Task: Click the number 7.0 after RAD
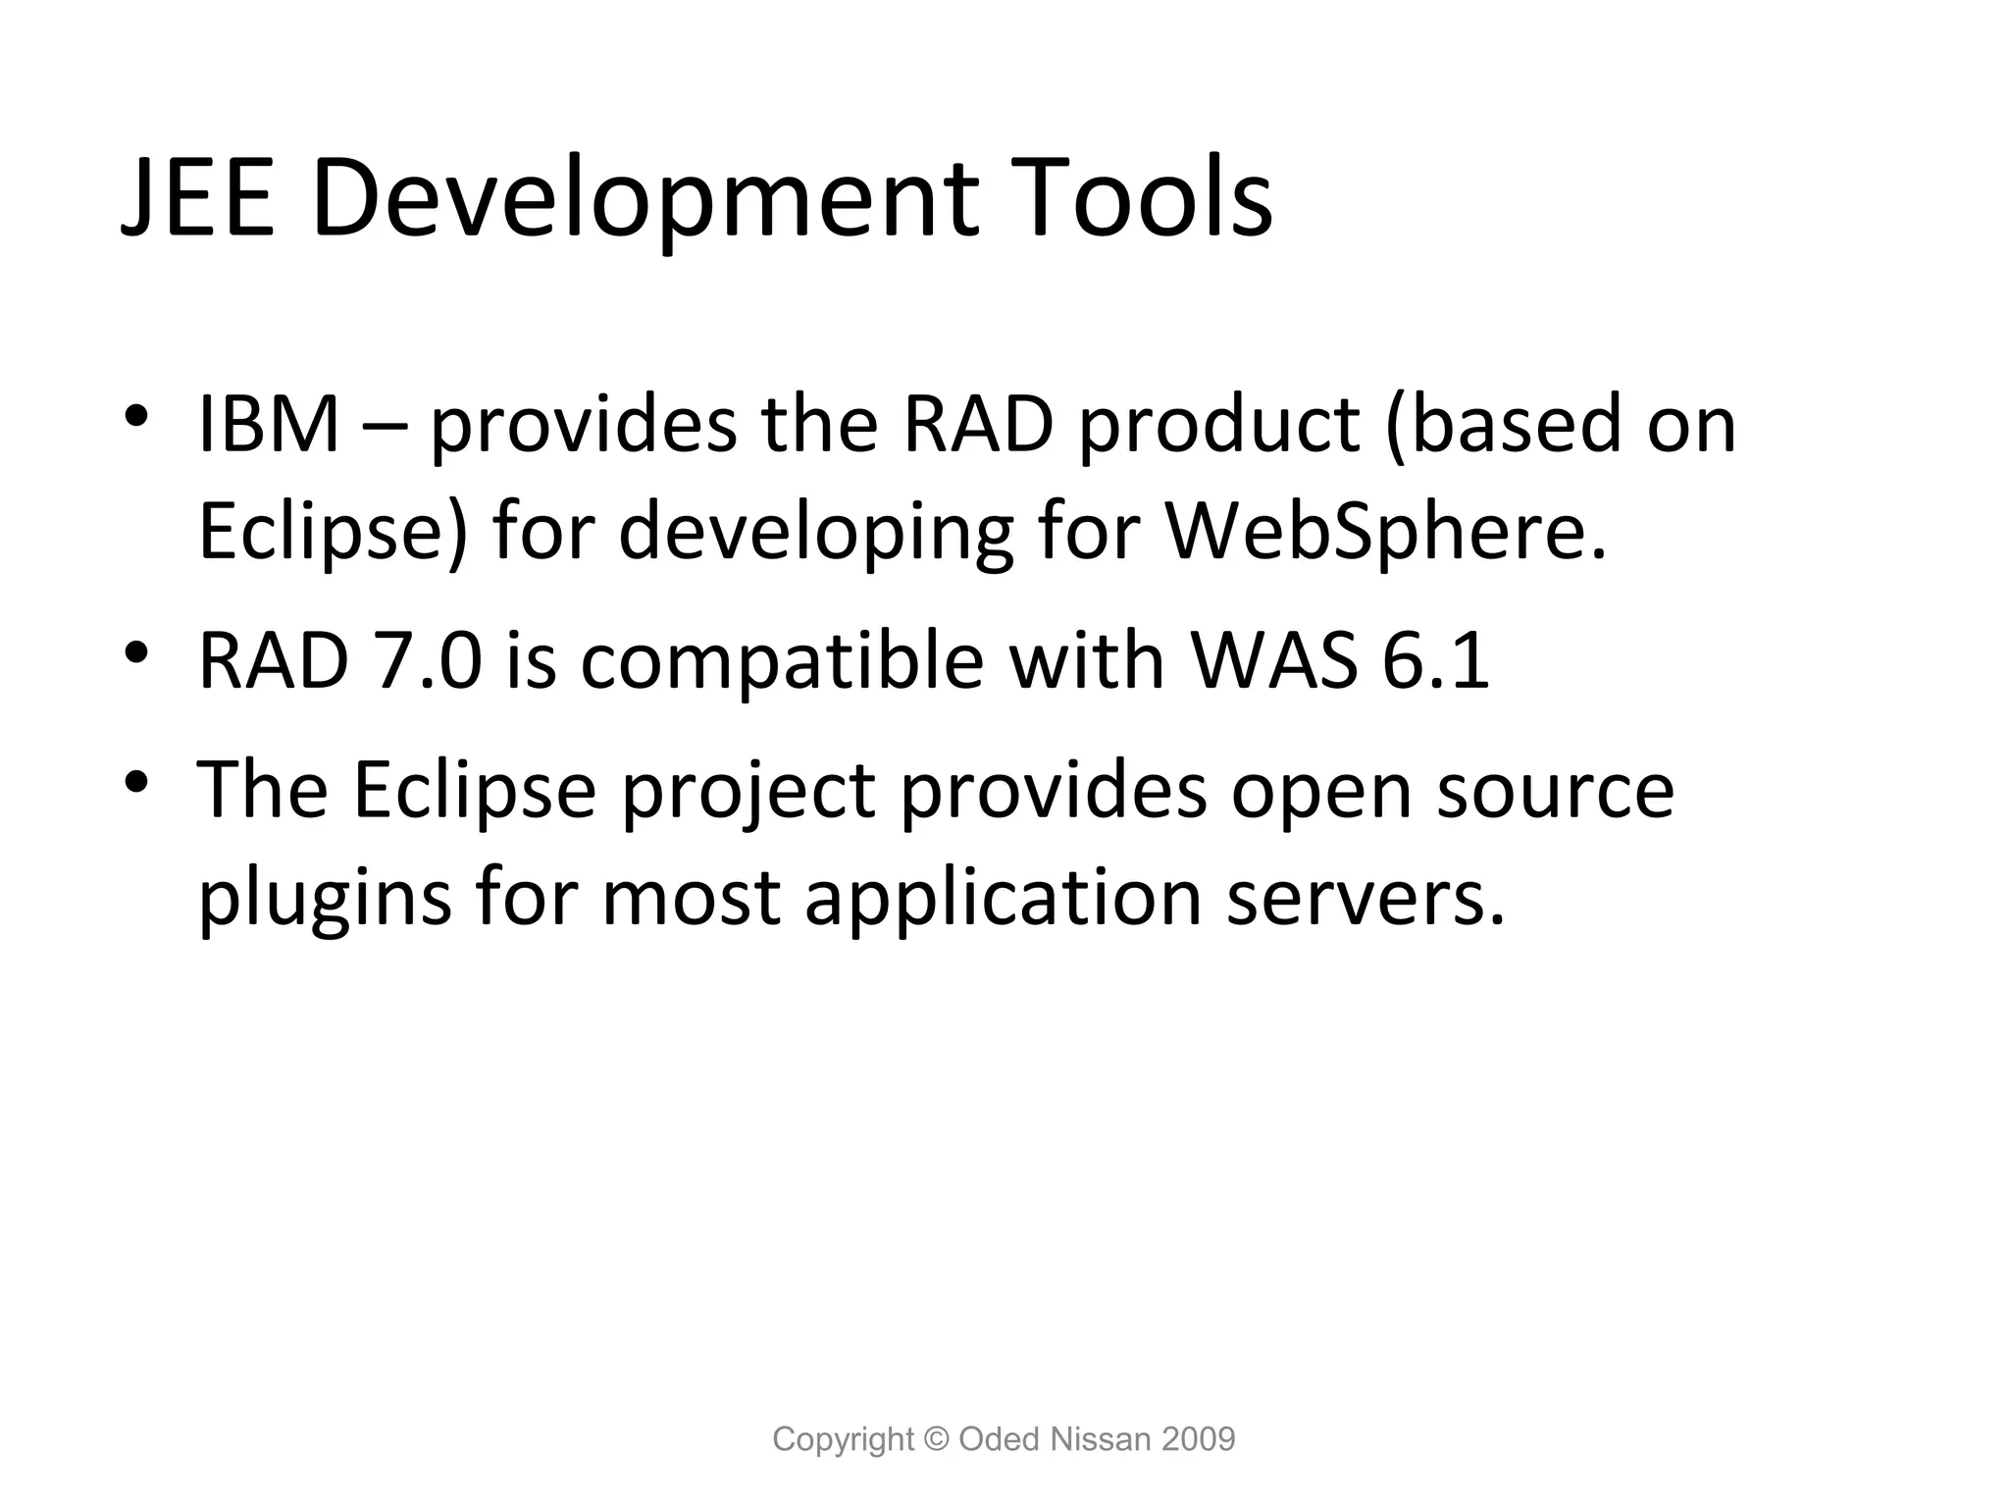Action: click(x=429, y=660)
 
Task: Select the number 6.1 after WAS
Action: click(x=1436, y=660)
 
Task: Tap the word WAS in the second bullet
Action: click(x=1274, y=660)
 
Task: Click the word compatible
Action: click(x=782, y=660)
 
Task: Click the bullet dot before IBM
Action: click(x=136, y=416)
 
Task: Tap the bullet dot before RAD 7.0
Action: click(x=136, y=651)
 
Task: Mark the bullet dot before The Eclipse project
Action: click(x=136, y=781)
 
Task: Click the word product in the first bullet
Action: click(x=1219, y=425)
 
